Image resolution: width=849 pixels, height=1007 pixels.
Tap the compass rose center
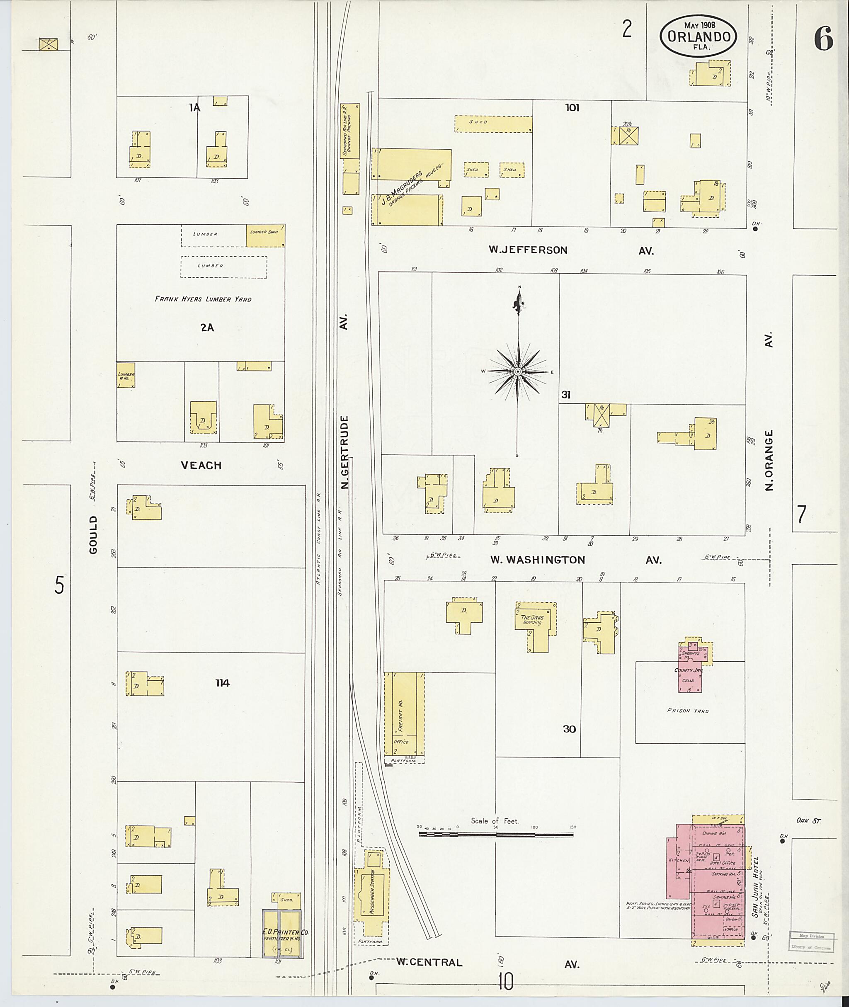(x=518, y=371)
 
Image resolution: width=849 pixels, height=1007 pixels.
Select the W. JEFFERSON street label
(x=528, y=250)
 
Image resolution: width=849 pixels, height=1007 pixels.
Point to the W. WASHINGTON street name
(x=538, y=560)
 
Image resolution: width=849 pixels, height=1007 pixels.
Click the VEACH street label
(x=201, y=466)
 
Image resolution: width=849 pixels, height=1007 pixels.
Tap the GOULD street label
(x=93, y=534)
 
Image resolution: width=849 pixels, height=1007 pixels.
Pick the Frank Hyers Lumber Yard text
(x=203, y=299)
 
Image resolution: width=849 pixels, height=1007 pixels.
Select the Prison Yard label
(x=688, y=711)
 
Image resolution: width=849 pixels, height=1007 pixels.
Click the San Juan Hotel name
(x=756, y=887)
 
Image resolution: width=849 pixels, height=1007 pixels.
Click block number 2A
(x=207, y=328)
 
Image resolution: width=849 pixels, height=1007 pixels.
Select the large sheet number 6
(x=823, y=39)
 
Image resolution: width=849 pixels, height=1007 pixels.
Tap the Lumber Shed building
(x=265, y=235)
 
